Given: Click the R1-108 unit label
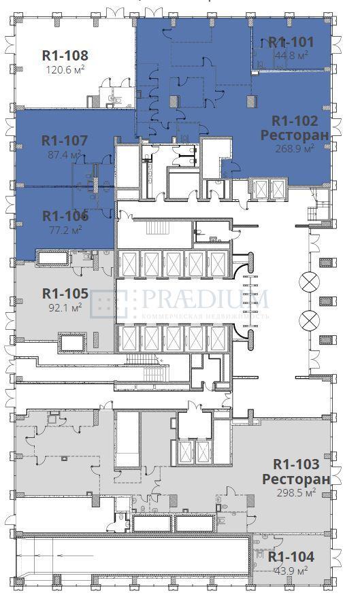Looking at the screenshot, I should (65, 56).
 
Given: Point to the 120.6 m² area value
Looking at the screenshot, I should (65, 69).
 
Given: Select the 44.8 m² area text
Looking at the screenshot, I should (291, 56).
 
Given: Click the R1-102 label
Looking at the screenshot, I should (295, 121).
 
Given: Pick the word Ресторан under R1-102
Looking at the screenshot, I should (295, 135).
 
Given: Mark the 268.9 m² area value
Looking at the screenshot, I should (295, 148).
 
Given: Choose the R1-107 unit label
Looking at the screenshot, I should (65, 141).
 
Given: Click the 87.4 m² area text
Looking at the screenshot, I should (64, 155).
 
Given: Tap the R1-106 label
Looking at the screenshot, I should (65, 216).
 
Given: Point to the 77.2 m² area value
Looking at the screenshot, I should (64, 230).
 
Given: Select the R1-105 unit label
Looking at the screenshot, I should (65, 293).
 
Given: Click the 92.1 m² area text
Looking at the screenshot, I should (64, 307).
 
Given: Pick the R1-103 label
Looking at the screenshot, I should (296, 464).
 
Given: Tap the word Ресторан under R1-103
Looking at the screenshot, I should (296, 479).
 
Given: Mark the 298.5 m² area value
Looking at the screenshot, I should (296, 492).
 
